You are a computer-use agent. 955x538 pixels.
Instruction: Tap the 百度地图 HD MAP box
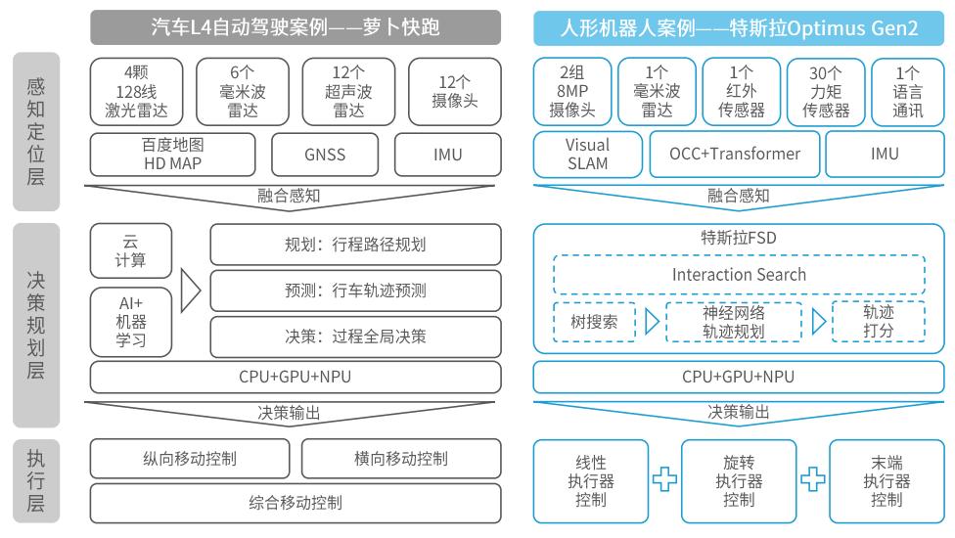[172, 154]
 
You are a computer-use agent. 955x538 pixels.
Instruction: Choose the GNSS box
[324, 154]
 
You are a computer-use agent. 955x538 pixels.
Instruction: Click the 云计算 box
[131, 250]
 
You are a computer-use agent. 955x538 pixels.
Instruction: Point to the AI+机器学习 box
[131, 322]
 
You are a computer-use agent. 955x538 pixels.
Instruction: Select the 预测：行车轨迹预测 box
[355, 291]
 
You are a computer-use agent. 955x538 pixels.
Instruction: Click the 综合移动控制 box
[295, 504]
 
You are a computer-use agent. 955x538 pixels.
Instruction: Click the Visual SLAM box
[587, 154]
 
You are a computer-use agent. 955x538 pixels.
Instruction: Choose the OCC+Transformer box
[734, 154]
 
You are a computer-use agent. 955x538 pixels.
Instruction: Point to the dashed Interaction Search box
[739, 274]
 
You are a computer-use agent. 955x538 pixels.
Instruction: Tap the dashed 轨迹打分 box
[878, 321]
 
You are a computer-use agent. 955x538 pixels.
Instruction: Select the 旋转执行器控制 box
[739, 480]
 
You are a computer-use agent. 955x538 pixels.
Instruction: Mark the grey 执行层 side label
[36, 481]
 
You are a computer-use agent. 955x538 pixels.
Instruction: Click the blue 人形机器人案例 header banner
[739, 28]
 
